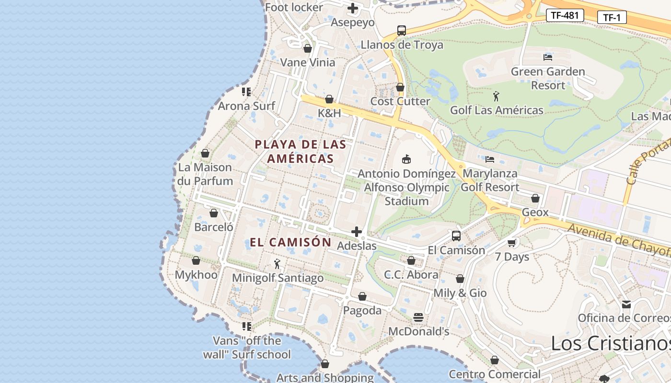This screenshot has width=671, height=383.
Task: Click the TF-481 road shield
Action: [x=565, y=15]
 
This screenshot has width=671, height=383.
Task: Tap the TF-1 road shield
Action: [x=612, y=18]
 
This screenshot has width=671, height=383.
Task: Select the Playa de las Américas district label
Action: [x=301, y=151]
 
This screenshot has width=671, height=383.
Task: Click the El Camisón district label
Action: [x=290, y=242]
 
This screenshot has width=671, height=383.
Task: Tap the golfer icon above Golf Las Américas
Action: [x=496, y=96]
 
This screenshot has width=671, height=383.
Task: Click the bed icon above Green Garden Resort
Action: [x=548, y=57]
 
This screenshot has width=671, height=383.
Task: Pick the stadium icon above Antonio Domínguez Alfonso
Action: [x=406, y=159]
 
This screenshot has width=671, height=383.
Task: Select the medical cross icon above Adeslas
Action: [x=357, y=232]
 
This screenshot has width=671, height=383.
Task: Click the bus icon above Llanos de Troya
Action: [x=402, y=31]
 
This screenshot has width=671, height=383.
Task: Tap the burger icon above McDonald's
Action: [x=418, y=317]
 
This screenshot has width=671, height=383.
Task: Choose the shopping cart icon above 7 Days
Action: [x=512, y=243]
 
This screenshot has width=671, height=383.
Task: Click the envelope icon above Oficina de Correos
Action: [x=626, y=304]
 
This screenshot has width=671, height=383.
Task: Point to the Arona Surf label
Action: [x=246, y=106]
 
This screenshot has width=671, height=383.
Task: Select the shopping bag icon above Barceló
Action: [x=214, y=213]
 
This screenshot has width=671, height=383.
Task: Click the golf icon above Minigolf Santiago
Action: [x=277, y=264]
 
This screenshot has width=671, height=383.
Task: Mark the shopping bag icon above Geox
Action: [x=535, y=198]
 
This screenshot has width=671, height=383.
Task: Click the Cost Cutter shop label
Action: [x=400, y=101]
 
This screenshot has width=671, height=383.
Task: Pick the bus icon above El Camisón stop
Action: [x=456, y=236]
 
